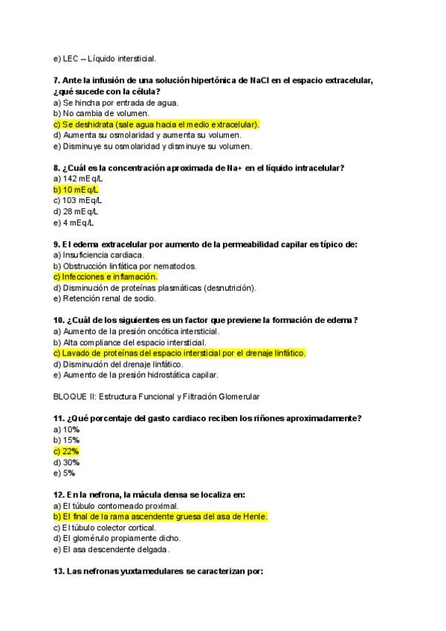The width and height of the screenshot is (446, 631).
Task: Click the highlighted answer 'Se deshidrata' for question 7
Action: (x=156, y=124)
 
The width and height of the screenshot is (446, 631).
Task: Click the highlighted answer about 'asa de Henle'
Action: (x=161, y=516)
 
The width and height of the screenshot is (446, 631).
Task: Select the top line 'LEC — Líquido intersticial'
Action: (x=104, y=59)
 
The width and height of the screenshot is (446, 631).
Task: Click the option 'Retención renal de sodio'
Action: (x=105, y=298)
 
